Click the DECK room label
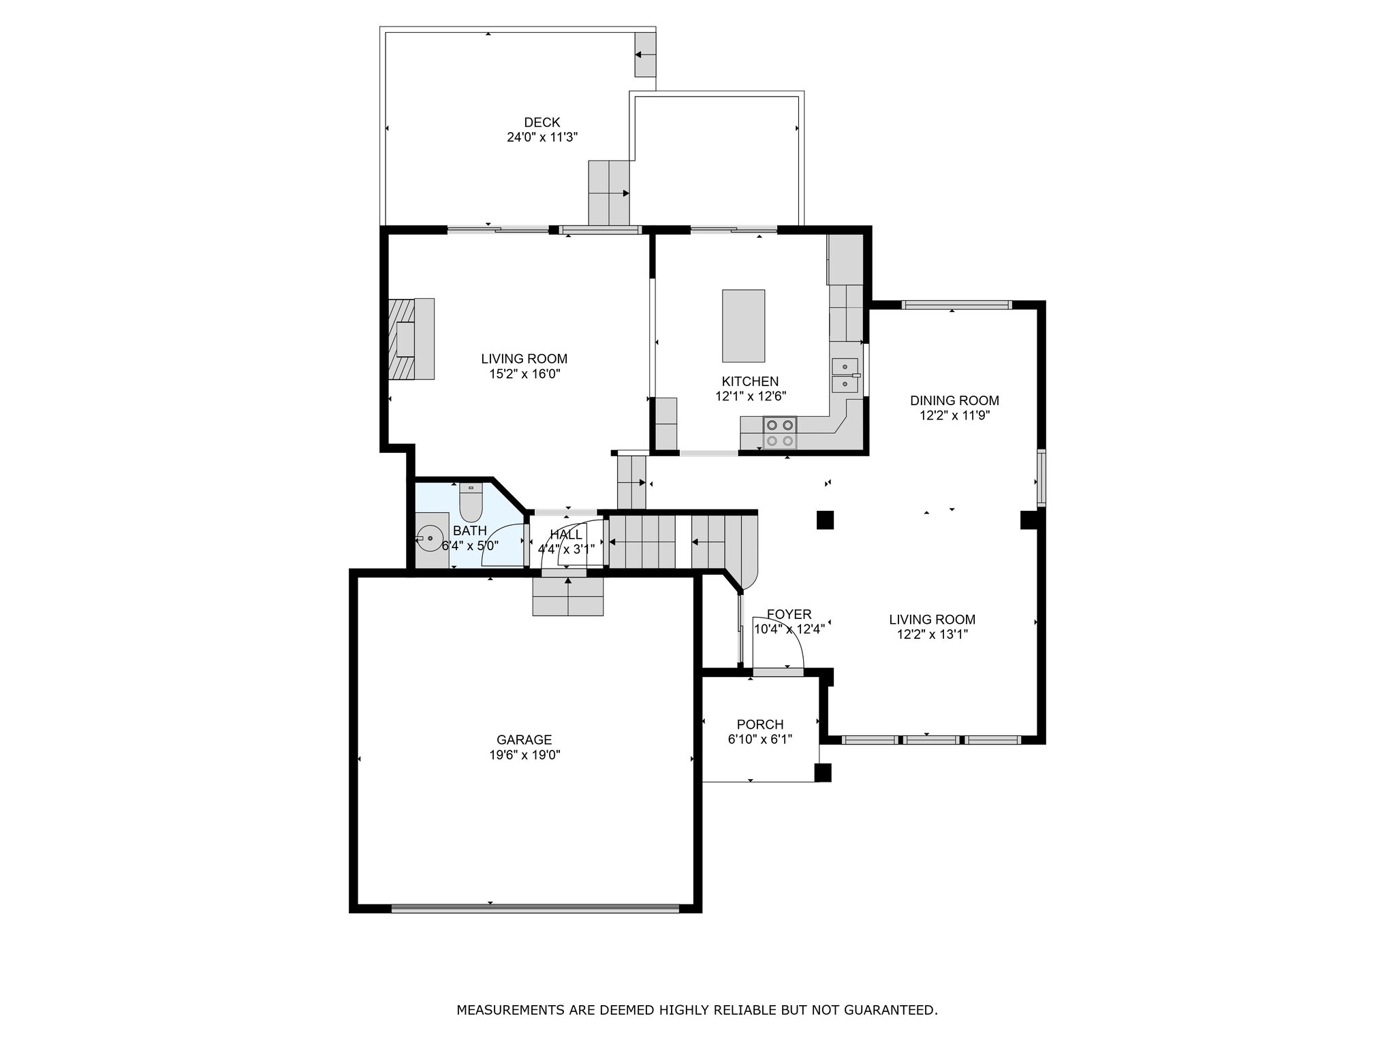(542, 123)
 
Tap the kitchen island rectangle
(743, 326)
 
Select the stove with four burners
(780, 432)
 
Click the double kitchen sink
(845, 375)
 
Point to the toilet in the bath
(471, 501)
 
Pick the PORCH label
(760, 725)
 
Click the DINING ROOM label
(954, 401)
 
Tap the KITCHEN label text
(750, 382)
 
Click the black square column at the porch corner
(823, 772)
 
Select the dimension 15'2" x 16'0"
(524, 374)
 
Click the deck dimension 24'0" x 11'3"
(542, 138)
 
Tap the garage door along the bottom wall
(535, 908)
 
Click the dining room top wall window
(956, 305)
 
